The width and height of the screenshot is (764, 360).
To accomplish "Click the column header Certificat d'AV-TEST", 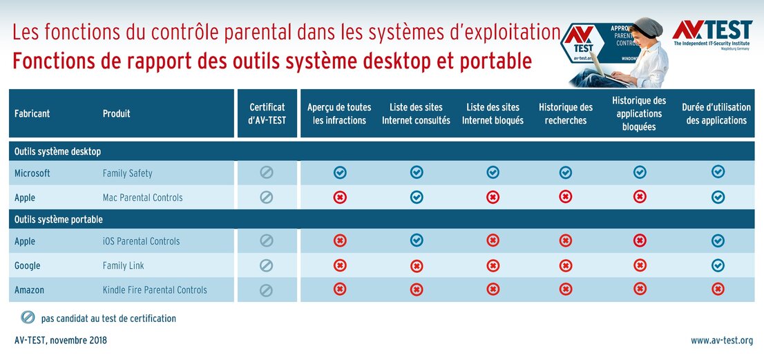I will [x=267, y=113].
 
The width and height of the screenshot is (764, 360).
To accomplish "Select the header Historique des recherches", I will [x=566, y=113].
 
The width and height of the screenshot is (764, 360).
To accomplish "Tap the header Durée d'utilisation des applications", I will [x=716, y=113].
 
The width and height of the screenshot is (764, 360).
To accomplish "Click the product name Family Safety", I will [x=128, y=173].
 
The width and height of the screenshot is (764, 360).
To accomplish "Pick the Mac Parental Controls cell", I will [x=143, y=198].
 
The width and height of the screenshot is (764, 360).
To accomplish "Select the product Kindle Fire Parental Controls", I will [x=155, y=290].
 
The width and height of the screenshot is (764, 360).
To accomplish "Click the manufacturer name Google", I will [x=28, y=265].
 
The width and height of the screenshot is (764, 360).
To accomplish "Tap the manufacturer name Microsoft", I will [x=32, y=173].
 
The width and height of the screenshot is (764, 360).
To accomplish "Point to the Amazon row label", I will [x=29, y=290].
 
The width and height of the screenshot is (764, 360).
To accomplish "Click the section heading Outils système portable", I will [x=59, y=220].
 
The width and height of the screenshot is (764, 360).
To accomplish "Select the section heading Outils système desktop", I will [x=58, y=151].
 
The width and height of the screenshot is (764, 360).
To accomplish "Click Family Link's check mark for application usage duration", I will [x=718, y=265].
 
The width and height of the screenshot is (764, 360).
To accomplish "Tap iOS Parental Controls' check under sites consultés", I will [x=417, y=240].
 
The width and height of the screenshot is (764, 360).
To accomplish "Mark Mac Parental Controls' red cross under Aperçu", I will [x=340, y=198].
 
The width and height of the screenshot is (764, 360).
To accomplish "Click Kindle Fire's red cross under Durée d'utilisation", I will [x=718, y=290].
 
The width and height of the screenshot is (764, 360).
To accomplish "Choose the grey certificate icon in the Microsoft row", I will [x=267, y=173].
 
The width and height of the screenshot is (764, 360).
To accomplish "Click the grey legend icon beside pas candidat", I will [x=28, y=318].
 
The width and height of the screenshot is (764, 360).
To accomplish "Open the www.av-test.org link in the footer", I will [x=721, y=341].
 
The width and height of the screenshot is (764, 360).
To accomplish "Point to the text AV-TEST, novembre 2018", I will [x=61, y=341].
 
